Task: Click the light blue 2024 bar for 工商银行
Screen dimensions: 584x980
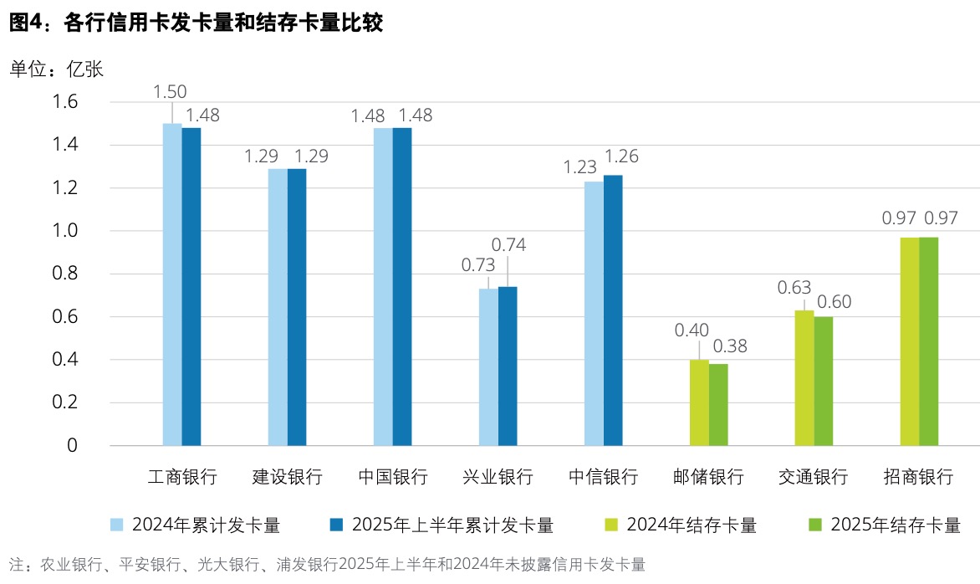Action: pos(172,284)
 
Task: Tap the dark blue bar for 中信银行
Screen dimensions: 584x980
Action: pos(613,310)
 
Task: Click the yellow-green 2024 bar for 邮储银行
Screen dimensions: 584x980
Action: pos(699,402)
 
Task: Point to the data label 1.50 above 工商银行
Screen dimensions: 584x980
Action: pos(170,91)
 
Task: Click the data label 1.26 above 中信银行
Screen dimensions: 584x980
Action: pos(620,156)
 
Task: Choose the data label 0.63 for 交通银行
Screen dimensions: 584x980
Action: pos(795,287)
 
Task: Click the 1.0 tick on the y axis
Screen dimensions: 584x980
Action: pos(66,231)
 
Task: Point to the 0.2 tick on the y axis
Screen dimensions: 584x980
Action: pos(66,402)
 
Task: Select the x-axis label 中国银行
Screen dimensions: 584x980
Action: pos(393,478)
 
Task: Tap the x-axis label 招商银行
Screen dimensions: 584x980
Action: pos(918,478)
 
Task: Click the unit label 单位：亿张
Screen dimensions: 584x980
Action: pos(56,69)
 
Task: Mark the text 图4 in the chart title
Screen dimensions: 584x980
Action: pos(24,24)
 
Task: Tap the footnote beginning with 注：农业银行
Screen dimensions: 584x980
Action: pos(327,564)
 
